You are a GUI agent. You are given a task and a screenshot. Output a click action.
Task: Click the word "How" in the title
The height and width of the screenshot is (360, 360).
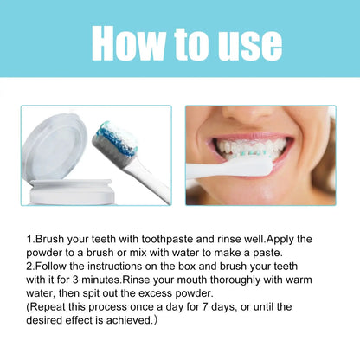pos(128,43)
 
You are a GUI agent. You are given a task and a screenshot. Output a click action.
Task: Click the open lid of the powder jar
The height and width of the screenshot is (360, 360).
pos(55,147)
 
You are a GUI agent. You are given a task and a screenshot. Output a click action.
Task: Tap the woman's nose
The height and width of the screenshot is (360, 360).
pos(249,115)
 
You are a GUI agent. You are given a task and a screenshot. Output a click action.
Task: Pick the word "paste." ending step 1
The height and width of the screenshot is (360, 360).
pos(267,253)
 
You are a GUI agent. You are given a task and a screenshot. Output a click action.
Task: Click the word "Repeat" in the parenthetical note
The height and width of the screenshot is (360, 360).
pos(48,307)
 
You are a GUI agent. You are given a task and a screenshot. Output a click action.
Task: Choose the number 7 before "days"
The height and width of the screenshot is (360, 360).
pos(205,306)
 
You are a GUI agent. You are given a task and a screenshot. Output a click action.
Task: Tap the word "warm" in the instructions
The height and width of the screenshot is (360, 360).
pos(299,280)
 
